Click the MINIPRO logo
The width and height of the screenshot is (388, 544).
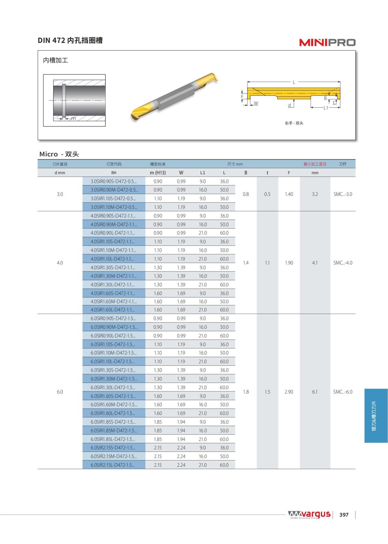pyautogui.click(x=327, y=42)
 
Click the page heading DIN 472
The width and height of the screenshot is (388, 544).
pyautogui.click(x=51, y=40)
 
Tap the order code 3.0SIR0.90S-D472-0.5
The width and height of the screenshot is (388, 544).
pyautogui.click(x=113, y=181)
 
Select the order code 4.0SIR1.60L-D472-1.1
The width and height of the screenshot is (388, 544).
pyautogui.click(x=113, y=310)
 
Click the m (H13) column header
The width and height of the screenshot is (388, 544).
pyautogui.click(x=158, y=173)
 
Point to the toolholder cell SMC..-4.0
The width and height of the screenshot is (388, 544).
pyautogui.click(x=342, y=263)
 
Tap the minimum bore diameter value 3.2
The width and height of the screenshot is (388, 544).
pyautogui.click(x=315, y=194)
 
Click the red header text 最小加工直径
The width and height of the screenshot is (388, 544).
pyautogui.click(x=315, y=164)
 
